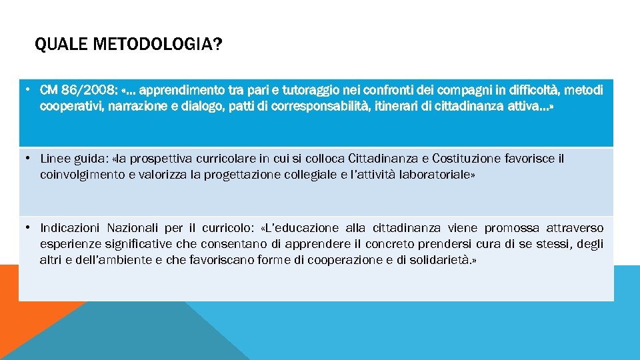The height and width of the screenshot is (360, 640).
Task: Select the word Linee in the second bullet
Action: pos(54,159)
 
